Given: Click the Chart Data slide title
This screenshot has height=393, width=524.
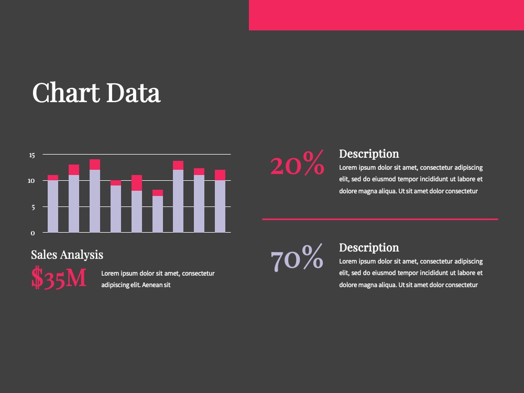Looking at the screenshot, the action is (96, 92).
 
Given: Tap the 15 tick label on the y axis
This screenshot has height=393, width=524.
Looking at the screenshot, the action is (32, 155).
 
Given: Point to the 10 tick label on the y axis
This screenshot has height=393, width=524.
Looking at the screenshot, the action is (31, 181).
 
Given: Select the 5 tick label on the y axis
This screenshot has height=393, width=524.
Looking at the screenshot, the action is (32, 208).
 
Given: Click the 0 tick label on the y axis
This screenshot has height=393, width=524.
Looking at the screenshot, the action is (32, 233).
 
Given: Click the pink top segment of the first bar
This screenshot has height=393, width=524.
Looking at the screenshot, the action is (53, 178).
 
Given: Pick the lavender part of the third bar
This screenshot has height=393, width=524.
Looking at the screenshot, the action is (95, 201).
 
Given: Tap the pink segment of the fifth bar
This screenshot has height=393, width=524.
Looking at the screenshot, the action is (137, 183).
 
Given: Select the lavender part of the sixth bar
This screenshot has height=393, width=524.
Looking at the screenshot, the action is (158, 214).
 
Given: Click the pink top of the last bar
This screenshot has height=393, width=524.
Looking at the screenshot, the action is (220, 175).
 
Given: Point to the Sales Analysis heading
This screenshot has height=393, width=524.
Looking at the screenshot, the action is (67, 255).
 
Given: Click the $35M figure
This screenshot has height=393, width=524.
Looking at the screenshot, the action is (59, 278).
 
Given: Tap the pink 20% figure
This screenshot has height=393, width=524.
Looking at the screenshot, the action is (297, 163).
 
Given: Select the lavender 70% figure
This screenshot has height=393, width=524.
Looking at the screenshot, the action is (297, 257).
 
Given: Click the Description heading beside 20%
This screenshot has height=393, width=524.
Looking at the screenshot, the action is (369, 154).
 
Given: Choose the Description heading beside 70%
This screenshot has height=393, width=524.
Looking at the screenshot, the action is (369, 248).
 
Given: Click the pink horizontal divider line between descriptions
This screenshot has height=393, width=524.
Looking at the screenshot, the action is (380, 219).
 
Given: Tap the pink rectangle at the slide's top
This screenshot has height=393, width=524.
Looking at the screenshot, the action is (386, 15).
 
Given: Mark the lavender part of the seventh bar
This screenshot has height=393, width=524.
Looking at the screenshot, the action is (178, 201).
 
